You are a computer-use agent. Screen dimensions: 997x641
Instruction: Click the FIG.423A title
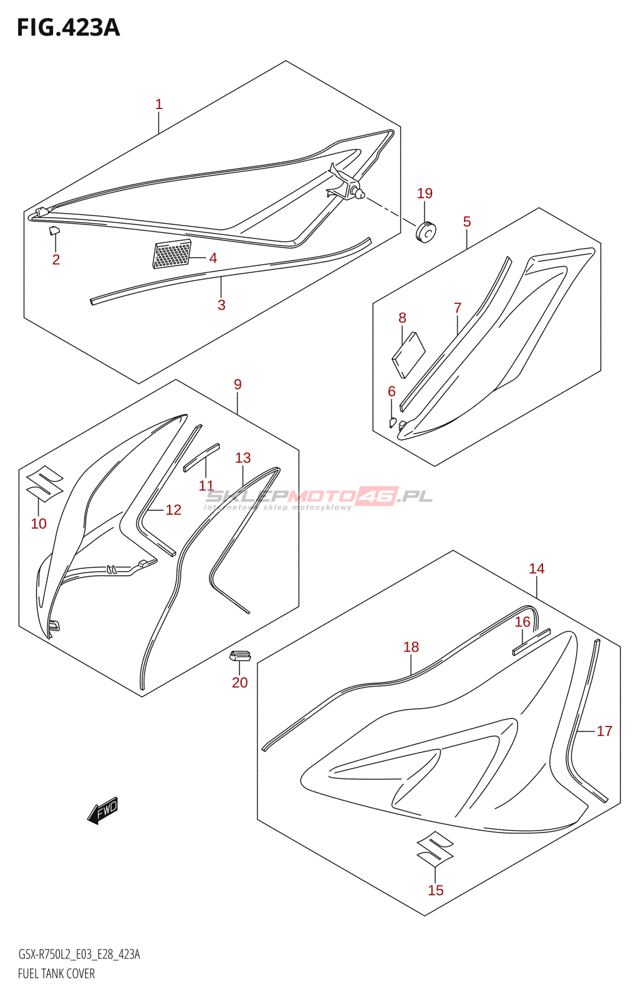coord(68,27)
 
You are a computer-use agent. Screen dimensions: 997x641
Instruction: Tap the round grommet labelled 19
coord(426,231)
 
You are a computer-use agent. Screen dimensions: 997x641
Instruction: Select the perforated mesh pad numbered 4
coord(171,254)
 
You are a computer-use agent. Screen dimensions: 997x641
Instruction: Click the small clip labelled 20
coord(239,655)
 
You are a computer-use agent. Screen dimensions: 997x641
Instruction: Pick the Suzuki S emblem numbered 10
coord(44,484)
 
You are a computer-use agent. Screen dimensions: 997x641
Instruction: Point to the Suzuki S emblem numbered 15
coord(435,848)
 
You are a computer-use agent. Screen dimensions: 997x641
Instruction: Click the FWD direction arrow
coord(103,811)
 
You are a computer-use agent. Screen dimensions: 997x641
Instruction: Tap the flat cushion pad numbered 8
coord(408,355)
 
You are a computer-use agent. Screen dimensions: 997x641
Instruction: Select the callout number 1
coord(159,104)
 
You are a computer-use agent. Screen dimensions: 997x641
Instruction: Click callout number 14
coord(536,568)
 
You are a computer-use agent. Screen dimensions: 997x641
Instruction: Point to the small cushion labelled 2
coord(54,231)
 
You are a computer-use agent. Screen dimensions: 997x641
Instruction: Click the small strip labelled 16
coord(531,642)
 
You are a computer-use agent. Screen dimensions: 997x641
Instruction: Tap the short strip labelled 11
coord(201,457)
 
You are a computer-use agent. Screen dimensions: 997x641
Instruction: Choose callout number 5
coord(467,222)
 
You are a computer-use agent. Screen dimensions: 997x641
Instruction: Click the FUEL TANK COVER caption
coord(56,973)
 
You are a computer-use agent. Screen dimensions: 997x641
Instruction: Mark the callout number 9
coord(238,384)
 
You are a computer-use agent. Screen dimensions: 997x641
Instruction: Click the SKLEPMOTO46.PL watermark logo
coord(318,497)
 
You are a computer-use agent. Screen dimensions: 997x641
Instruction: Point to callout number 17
coord(604,731)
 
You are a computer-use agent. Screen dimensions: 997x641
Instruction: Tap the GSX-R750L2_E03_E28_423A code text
coord(79,955)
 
